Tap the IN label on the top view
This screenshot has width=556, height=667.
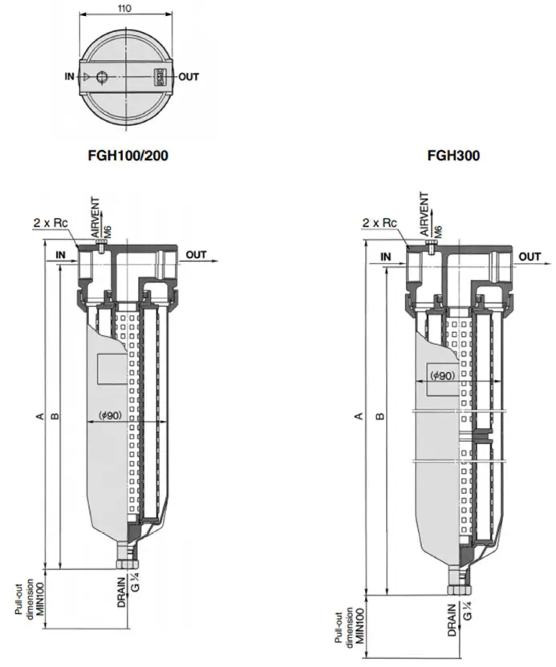click(70, 77)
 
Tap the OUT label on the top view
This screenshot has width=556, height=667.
click(188, 77)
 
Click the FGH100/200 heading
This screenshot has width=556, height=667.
click(128, 156)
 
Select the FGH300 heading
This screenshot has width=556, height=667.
click(453, 156)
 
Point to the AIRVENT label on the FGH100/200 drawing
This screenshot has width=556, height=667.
click(96, 213)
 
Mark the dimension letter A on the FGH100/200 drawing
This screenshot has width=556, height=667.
click(38, 415)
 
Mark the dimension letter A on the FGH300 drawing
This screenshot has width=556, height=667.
click(359, 415)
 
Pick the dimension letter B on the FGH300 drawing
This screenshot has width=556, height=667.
click(380, 415)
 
